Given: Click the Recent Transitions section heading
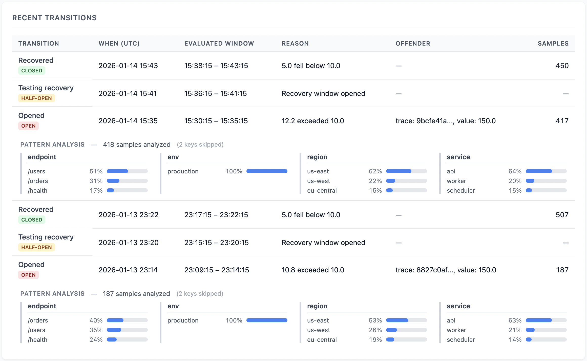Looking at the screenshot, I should click(54, 18).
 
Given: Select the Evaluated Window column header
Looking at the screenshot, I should click(219, 44).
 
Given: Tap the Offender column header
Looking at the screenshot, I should click(413, 44).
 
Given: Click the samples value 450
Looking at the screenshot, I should click(562, 66).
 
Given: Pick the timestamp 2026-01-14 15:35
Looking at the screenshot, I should click(128, 121).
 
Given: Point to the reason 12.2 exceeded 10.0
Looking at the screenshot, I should click(313, 121).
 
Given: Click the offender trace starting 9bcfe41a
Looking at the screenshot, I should click(445, 121).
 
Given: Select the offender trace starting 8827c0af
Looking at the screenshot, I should click(446, 270).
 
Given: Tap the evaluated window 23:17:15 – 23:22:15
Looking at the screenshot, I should click(216, 215).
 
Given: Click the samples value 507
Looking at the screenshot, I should click(562, 215).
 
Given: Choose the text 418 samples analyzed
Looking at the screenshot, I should click(137, 145).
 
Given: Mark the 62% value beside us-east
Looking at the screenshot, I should click(375, 171).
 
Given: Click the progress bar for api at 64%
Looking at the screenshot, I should click(546, 171).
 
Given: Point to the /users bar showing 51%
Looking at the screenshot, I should click(127, 171).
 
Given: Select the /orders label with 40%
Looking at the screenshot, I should click(38, 320).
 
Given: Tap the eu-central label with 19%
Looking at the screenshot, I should click(322, 340).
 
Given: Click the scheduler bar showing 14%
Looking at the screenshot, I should click(546, 340).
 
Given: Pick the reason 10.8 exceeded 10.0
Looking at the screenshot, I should click(313, 270).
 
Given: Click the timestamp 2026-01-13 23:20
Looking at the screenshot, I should click(129, 243).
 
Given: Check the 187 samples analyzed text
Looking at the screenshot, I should click(136, 294).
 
